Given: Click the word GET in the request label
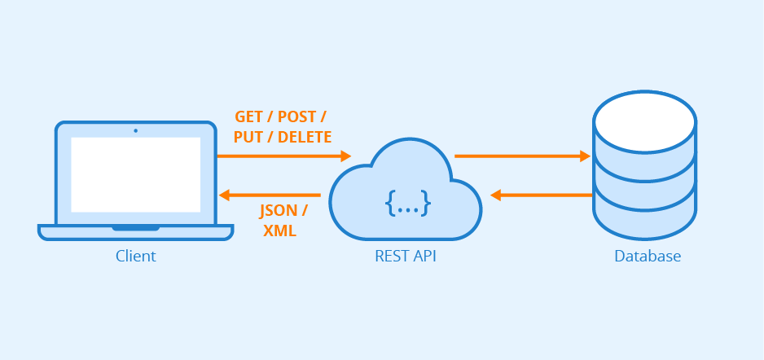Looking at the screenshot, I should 249,116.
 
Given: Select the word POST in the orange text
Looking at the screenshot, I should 296,116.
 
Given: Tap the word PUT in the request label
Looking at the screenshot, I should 248,137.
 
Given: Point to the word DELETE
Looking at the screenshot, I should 305,137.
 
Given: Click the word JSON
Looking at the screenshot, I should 279,210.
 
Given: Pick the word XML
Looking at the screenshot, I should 279,230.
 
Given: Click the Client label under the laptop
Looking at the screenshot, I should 135,257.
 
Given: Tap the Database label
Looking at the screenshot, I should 648,257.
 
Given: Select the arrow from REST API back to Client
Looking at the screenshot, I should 273,195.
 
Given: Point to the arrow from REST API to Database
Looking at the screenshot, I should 521,155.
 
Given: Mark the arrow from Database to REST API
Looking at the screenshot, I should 542,195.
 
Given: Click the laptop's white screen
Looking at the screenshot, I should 135,174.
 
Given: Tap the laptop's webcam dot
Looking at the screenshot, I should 135,130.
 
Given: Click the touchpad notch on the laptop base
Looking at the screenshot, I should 135,228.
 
